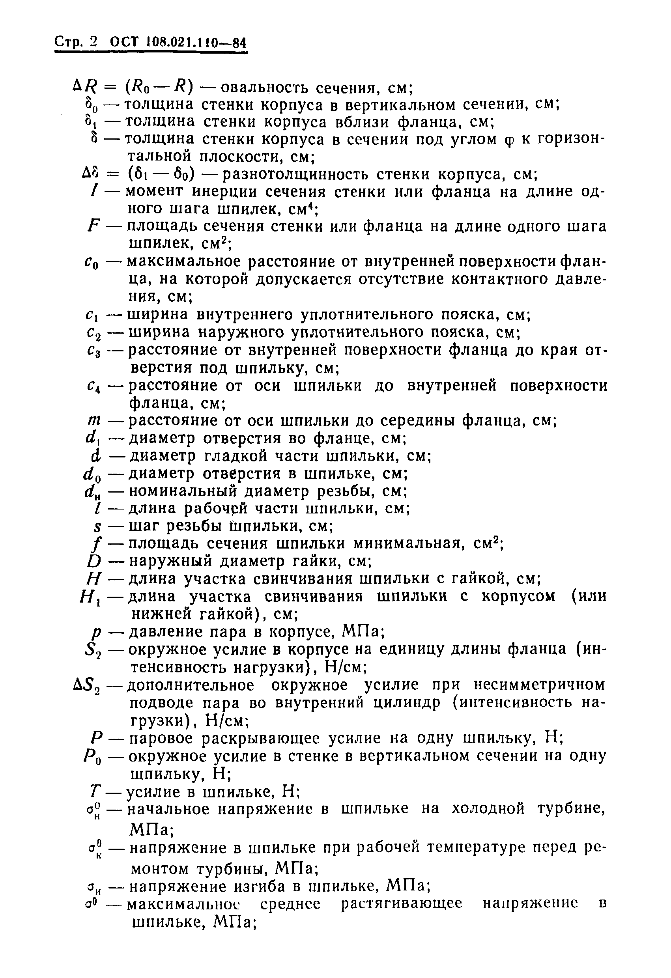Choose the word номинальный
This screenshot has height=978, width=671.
(x=182, y=491)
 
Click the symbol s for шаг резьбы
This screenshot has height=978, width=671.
(x=98, y=526)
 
